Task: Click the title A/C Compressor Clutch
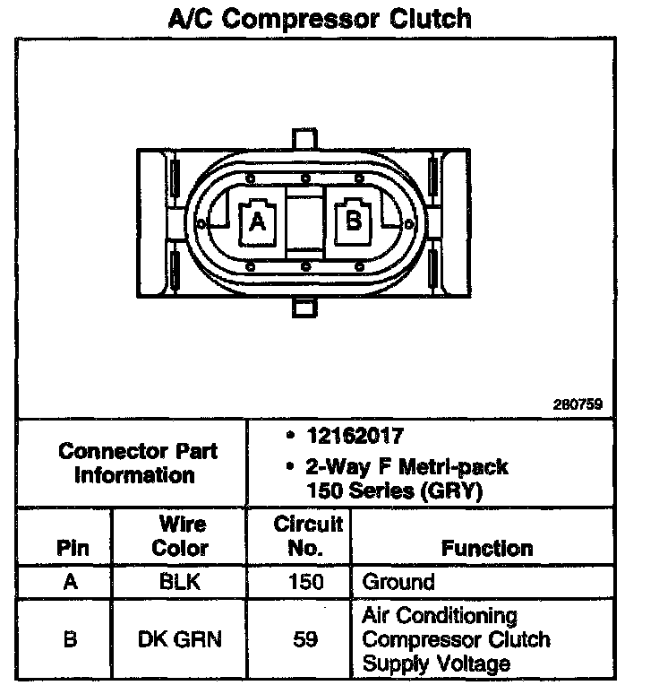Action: coord(320,18)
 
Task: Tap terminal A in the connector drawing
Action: coord(257,221)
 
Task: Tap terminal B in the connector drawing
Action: coord(355,219)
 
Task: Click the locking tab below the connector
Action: coord(305,307)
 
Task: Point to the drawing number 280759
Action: coord(578,404)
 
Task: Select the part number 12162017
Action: coord(354,437)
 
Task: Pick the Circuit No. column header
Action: coord(307,535)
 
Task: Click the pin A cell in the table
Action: coord(71,582)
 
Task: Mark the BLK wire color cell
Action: coord(180,582)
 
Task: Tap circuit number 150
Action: coord(306,582)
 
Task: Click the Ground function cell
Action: coord(398,582)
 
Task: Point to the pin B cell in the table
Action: coord(71,639)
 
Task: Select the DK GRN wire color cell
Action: coord(180,639)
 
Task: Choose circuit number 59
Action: coord(306,639)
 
